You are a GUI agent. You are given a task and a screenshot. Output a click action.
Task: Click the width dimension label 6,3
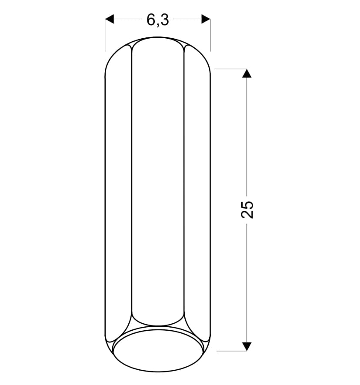[157, 20]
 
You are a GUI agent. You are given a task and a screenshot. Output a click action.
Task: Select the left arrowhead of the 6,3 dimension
[110, 19]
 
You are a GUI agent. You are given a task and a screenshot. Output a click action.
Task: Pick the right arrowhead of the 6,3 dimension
[206, 19]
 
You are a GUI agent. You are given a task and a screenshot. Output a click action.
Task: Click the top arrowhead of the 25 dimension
[247, 73]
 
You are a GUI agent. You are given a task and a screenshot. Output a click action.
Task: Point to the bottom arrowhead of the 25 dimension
[247, 346]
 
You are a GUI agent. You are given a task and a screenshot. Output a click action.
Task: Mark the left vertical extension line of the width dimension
[105, 35]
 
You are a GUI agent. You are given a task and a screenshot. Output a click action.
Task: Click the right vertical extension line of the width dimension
[210, 35]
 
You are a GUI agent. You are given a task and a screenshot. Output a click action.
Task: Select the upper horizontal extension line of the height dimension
[230, 69]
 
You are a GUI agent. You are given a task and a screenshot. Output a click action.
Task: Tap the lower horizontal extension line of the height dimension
[231, 351]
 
